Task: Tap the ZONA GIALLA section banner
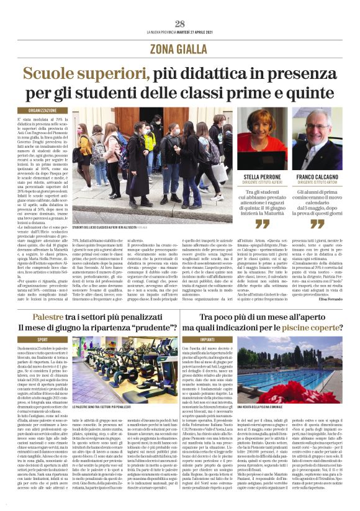point(180,49)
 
